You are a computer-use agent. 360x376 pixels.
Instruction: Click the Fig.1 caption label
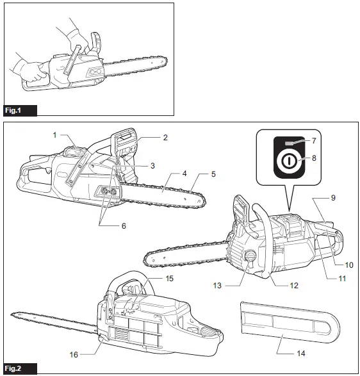13,111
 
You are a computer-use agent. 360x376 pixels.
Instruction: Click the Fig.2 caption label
13,369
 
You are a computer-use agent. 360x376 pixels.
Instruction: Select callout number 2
165,138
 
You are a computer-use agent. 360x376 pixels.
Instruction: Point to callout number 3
152,165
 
